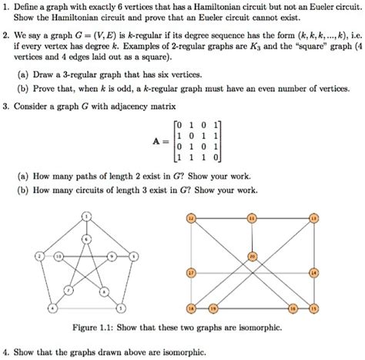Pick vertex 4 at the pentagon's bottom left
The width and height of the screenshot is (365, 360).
[53, 308]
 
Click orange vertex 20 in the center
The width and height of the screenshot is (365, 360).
[252, 255]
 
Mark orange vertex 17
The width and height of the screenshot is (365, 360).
[190, 273]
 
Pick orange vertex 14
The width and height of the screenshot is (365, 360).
[312, 273]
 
